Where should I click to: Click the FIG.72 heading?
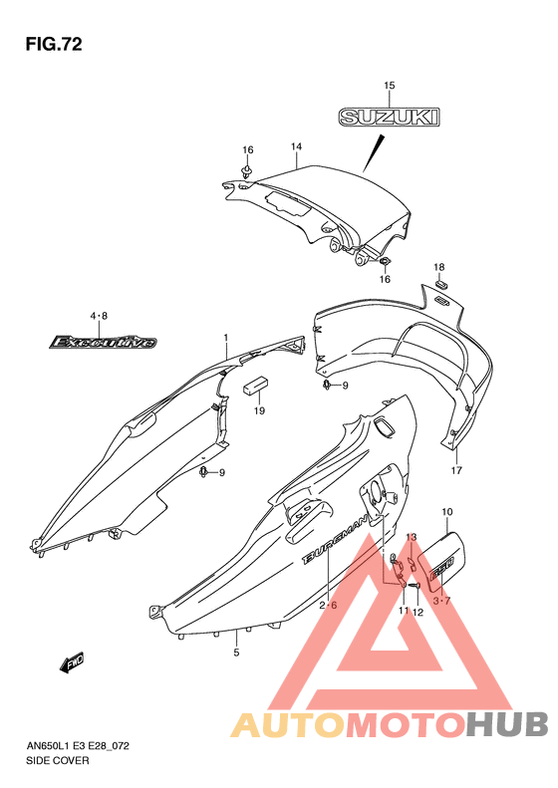(x=54, y=44)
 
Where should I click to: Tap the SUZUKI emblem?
(x=389, y=118)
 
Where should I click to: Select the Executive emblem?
(x=103, y=343)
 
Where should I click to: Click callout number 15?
(x=390, y=86)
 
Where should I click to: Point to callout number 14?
(x=296, y=146)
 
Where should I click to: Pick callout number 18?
(x=439, y=267)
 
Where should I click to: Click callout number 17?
(x=456, y=470)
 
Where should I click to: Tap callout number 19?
(x=259, y=410)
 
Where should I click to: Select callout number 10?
(x=447, y=512)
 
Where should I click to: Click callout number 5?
(x=236, y=653)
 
